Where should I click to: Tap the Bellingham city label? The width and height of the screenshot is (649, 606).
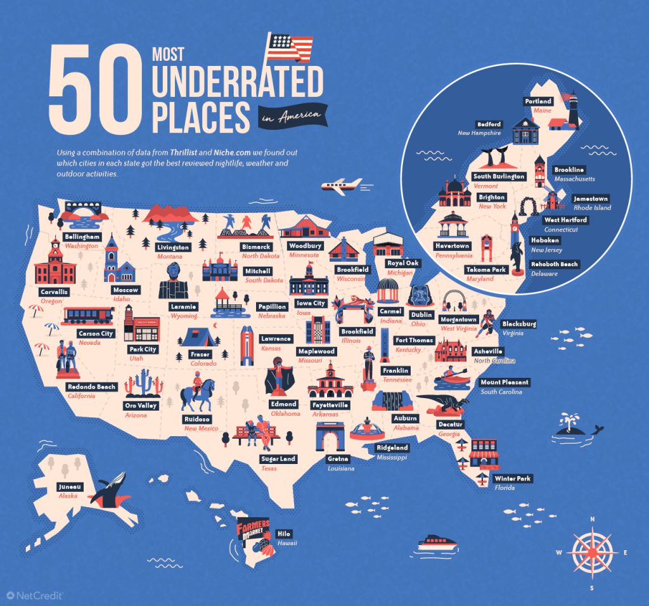(x=82, y=236)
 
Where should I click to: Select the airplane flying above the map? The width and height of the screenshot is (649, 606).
(x=341, y=186)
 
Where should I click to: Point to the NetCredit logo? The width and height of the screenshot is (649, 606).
(x=39, y=595)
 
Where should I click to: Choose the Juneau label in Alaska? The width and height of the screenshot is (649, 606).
(x=68, y=487)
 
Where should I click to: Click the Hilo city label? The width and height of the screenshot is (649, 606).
(x=284, y=534)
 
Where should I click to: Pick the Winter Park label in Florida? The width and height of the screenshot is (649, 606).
(x=512, y=479)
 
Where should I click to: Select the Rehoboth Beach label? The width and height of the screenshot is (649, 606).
(x=554, y=264)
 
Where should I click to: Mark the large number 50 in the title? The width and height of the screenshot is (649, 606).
(x=93, y=93)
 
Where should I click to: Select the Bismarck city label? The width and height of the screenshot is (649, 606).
(x=256, y=247)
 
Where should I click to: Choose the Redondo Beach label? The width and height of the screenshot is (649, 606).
(x=92, y=387)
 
